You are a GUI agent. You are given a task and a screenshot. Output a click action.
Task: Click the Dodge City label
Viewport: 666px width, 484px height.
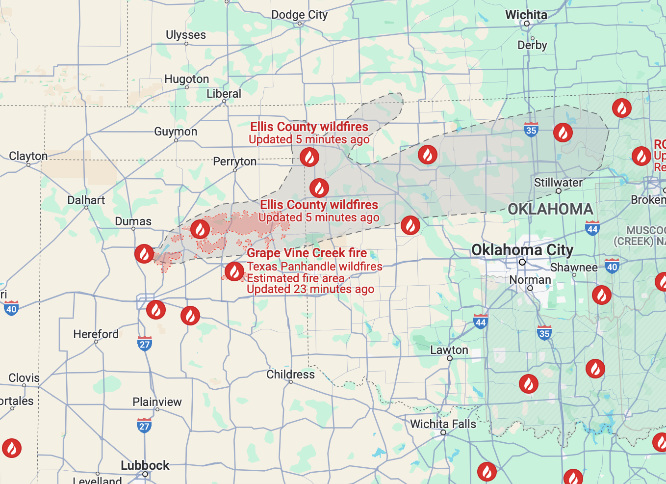click(x=299, y=15)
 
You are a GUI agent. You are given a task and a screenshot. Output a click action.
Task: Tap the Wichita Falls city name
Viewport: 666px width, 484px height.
click(x=443, y=424)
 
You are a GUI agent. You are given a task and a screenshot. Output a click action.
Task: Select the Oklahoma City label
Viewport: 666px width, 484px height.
click(x=522, y=250)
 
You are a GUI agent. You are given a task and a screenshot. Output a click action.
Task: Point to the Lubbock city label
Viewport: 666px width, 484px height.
click(x=145, y=465)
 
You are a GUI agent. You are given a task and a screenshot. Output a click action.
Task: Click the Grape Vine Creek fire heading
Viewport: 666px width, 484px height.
click(x=307, y=253)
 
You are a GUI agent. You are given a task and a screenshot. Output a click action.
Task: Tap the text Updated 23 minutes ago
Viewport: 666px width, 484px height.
click(x=310, y=290)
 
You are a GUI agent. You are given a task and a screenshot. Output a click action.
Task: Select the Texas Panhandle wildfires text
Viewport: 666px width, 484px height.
click(x=314, y=267)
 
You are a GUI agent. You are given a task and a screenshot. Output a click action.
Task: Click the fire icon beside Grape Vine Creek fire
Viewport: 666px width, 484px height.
click(x=234, y=271)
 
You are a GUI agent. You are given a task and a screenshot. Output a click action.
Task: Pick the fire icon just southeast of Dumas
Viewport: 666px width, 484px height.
click(x=144, y=254)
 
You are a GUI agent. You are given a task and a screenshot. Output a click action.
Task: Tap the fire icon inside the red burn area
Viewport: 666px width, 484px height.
click(x=200, y=229)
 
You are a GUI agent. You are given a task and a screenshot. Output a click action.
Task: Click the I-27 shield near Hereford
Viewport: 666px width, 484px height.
click(x=145, y=344)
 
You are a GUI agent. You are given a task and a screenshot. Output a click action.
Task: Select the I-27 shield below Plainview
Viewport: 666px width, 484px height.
click(x=144, y=426)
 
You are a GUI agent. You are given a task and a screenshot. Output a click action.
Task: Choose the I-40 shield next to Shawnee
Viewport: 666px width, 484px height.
click(x=612, y=267)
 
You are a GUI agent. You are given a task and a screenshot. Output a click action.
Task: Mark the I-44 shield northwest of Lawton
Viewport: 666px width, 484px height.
click(x=481, y=322)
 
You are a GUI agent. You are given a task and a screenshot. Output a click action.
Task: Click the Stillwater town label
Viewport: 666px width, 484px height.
click(x=558, y=183)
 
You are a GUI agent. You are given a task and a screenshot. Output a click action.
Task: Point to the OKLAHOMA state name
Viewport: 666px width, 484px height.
click(x=550, y=210)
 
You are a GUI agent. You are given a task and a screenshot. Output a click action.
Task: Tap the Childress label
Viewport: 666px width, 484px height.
click(x=290, y=375)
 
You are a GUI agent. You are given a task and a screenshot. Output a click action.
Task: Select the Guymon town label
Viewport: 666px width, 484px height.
click(x=176, y=132)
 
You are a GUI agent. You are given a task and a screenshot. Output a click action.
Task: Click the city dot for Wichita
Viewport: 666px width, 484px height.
click(x=527, y=24)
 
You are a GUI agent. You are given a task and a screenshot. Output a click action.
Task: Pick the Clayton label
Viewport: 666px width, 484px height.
click(x=28, y=156)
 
